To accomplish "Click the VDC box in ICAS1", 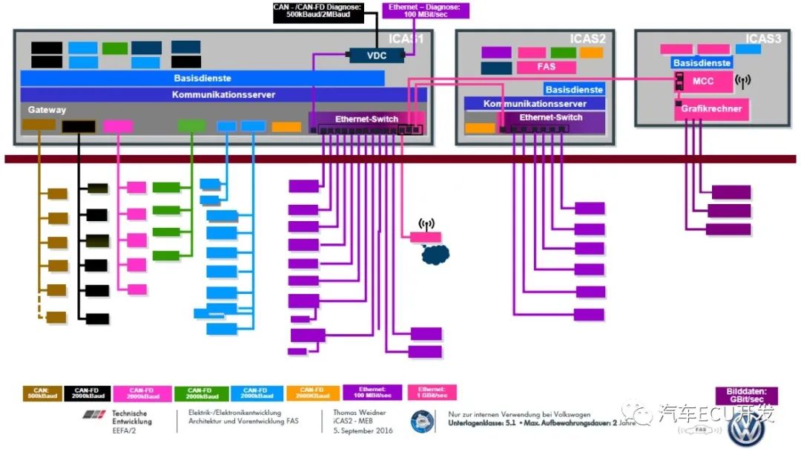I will (377, 55).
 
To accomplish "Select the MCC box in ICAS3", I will (702, 81).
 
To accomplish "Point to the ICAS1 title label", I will (406, 39).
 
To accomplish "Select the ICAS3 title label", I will (763, 39).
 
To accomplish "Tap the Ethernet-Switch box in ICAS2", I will (551, 118).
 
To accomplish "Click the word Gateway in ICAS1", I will (47, 110).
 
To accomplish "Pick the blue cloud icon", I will (435, 255).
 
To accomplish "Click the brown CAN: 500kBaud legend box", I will (44, 393).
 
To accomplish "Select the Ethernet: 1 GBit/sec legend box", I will (432, 393).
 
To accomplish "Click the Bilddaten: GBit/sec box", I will (746, 396).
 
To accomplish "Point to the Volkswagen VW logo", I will (745, 428).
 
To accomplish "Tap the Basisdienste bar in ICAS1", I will (202, 78).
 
